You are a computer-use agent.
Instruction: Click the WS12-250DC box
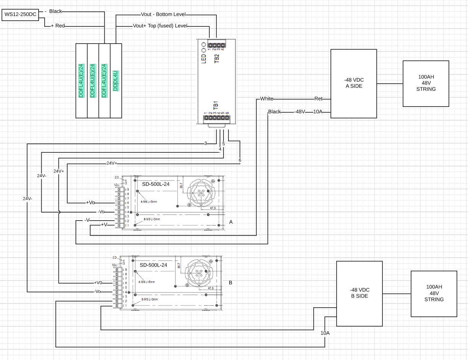tap(20, 15)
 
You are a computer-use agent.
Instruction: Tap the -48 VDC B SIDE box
tap(359, 293)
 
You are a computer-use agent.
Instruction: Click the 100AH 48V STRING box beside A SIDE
tap(426, 83)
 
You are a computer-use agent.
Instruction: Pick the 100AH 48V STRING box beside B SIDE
tap(434, 294)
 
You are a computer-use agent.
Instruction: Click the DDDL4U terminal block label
tap(115, 80)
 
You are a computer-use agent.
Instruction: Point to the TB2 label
tap(217, 58)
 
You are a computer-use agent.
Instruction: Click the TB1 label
tap(215, 105)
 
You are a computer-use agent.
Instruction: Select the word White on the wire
tap(267, 99)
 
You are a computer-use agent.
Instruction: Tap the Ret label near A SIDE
tap(318, 99)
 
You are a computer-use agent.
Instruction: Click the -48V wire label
tap(300, 112)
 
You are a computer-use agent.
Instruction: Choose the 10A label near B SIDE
tap(325, 333)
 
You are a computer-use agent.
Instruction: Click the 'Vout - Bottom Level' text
tap(163, 15)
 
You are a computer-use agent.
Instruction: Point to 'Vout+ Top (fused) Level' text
tap(159, 26)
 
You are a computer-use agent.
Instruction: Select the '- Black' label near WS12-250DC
tap(53, 11)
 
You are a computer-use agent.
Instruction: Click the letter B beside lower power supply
tap(230, 283)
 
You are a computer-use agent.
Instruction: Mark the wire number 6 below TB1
tap(240, 160)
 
